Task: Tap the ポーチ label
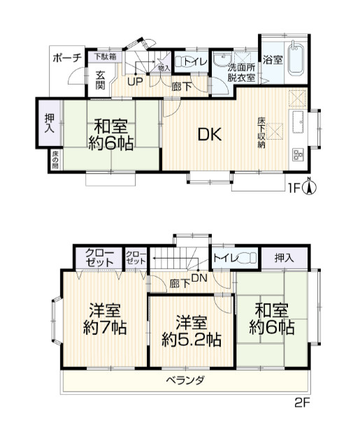point(67,58)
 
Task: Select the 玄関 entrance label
point(100,80)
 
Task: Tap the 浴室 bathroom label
point(273,60)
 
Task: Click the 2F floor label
point(301,403)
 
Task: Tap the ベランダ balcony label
point(185,380)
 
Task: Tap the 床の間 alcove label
point(55,160)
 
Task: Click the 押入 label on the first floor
point(48,124)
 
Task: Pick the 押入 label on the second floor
point(284,259)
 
